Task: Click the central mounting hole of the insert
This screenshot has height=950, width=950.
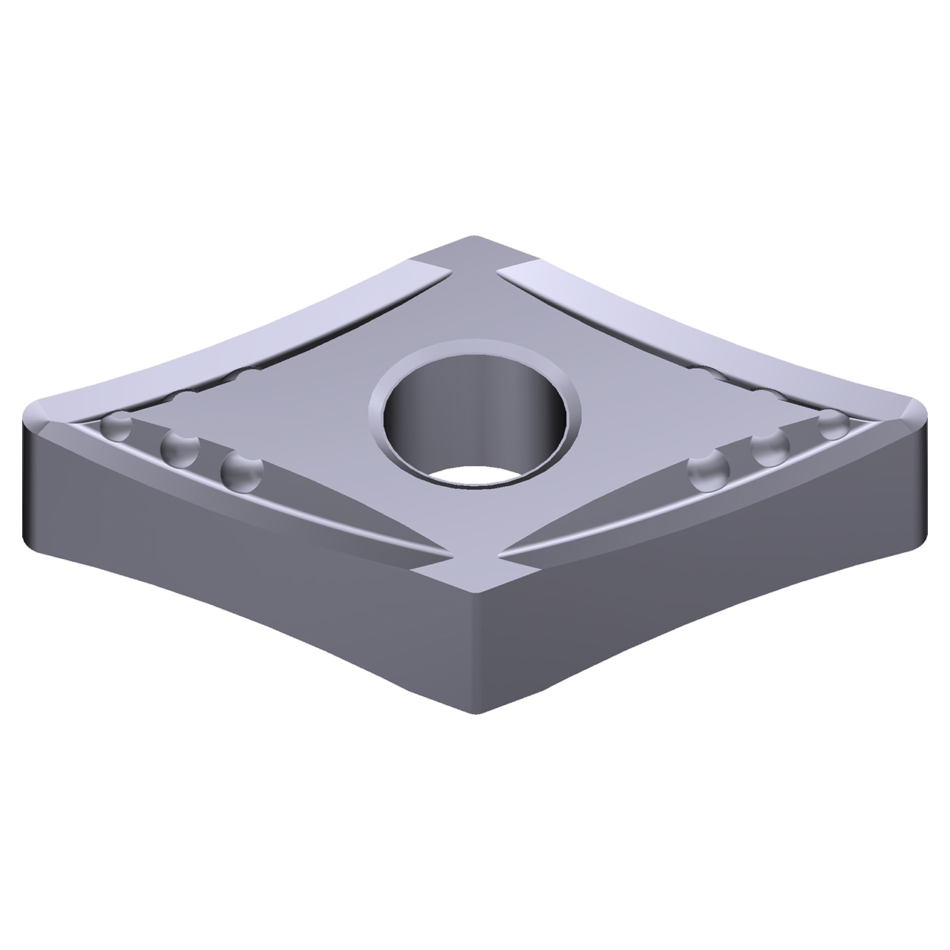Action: click(x=474, y=423)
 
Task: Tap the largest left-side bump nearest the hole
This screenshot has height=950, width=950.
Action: click(x=242, y=471)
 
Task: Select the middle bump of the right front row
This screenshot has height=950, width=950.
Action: click(x=770, y=448)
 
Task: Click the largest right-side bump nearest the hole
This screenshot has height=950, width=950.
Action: click(x=707, y=472)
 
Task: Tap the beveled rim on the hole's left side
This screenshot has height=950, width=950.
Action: click(x=379, y=416)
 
